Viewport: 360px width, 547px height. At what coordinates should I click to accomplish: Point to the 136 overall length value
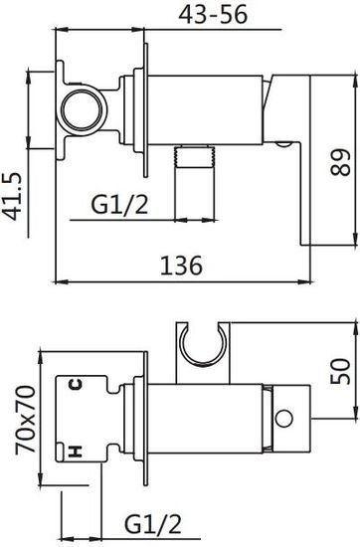click(x=180, y=265)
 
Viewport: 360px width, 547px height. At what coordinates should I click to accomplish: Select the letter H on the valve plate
click(x=74, y=453)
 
